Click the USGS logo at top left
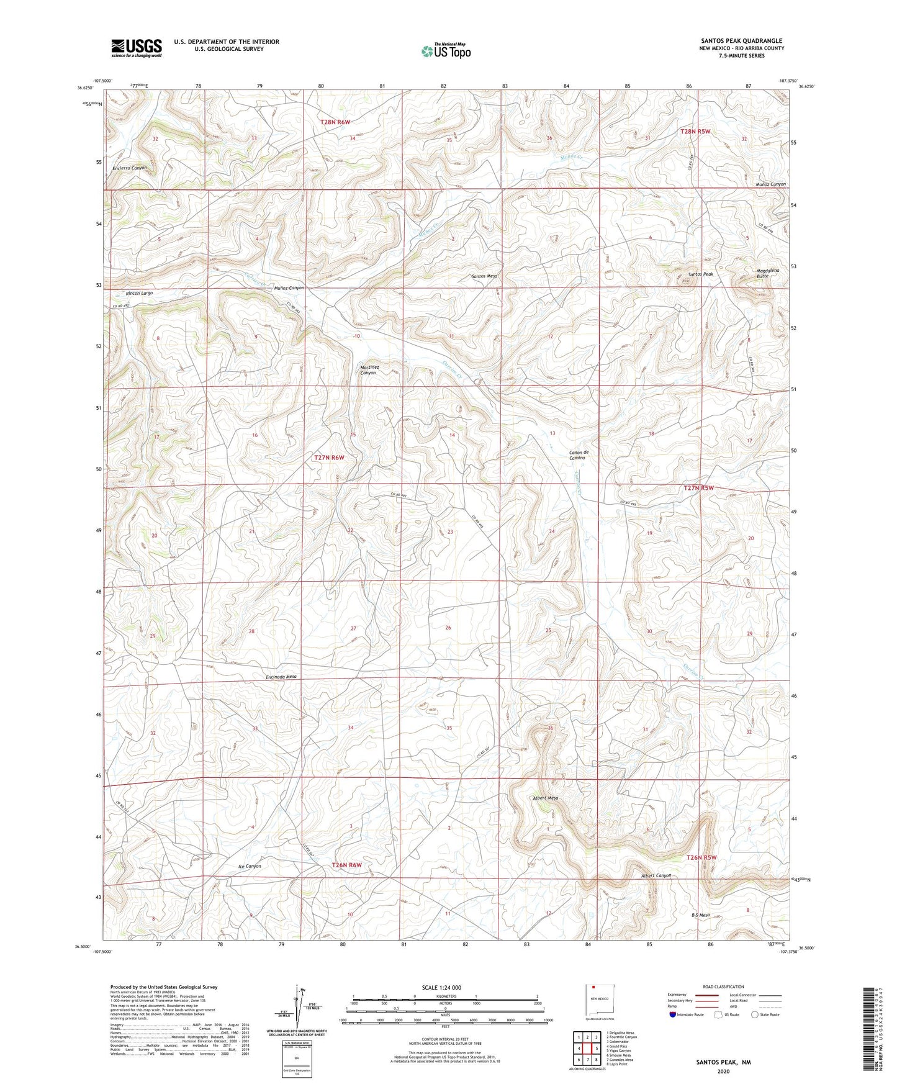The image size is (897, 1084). coord(137,48)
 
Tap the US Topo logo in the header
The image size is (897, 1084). coord(446,51)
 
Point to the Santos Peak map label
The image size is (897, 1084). coord(700,274)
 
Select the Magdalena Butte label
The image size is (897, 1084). coord(767,273)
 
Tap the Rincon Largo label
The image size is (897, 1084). coord(139,293)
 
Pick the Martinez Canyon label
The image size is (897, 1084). coord(369,370)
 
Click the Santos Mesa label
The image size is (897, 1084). coord(485,276)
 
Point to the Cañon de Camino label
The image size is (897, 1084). coord(579,455)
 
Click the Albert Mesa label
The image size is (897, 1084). coord(546,798)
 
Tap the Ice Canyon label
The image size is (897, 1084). coord(250,866)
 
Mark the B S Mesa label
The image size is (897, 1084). coord(700,915)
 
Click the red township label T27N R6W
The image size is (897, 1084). coord(329,458)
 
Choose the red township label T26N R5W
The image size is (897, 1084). coord(701,857)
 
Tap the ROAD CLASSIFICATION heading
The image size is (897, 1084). coord(723,987)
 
